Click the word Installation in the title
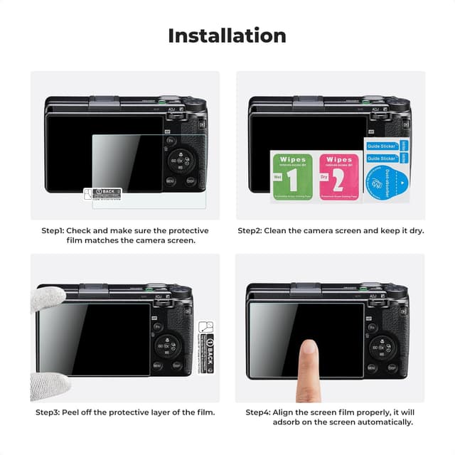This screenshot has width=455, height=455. pos(227,36)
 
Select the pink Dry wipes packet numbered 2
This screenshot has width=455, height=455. pos(338,176)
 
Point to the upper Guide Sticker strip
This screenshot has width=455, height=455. pos(382,146)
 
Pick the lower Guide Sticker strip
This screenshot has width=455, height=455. pos(382,159)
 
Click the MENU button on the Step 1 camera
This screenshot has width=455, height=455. pos(171,181)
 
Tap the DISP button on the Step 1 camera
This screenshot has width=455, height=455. pos(191,181)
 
